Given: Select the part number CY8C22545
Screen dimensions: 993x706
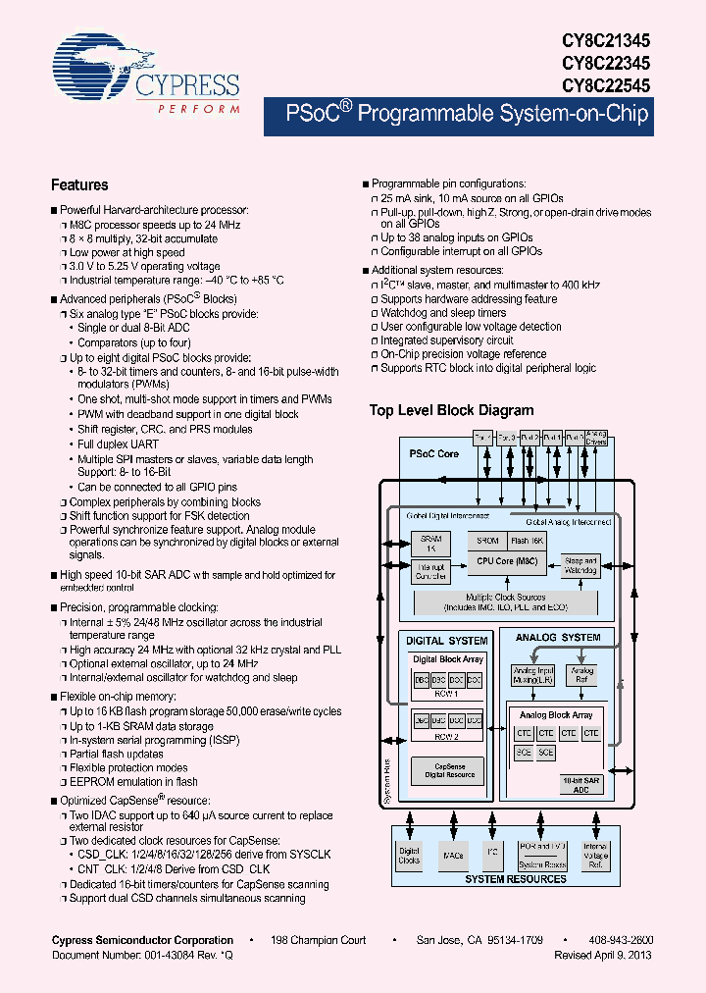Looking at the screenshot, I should pos(605,85).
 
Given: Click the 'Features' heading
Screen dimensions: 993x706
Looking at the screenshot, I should pos(79,184).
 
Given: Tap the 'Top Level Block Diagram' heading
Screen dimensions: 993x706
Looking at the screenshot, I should pos(451,410).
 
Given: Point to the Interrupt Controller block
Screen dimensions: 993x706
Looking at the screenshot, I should pos(430,571).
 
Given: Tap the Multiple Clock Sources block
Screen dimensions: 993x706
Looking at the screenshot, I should pos(506,601).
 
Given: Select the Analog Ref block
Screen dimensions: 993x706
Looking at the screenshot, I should pos(582,676).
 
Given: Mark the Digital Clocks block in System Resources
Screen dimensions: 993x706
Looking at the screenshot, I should pos(409,855).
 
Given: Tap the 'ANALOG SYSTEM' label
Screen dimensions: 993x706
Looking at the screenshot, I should pos(557,638).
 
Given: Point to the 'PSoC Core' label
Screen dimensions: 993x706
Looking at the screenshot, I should pos(433,454).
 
